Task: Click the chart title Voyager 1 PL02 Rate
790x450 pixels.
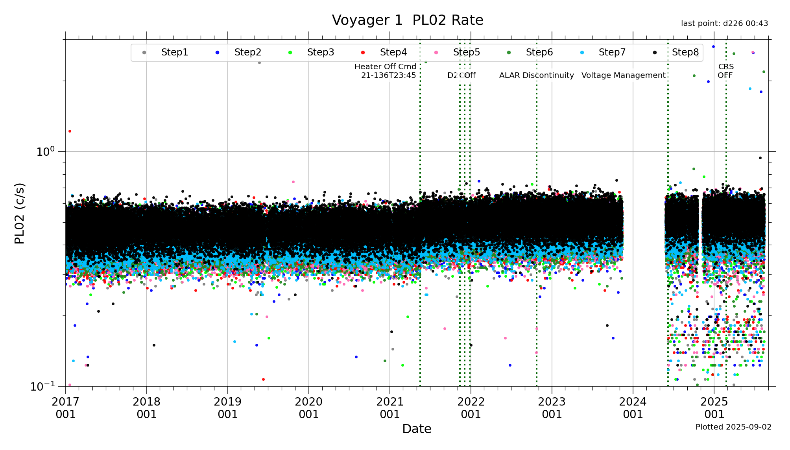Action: click(407, 20)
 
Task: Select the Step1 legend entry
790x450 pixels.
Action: click(174, 52)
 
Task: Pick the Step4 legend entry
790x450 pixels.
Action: click(393, 52)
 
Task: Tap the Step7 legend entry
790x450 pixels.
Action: click(612, 52)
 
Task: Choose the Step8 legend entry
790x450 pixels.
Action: click(685, 52)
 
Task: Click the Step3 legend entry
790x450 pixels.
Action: click(320, 52)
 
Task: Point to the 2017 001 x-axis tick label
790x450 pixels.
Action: click(66, 408)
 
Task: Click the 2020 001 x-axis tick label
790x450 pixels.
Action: click(309, 408)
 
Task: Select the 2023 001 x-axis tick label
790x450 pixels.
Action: click(552, 408)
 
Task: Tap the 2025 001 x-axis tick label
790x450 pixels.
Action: click(714, 408)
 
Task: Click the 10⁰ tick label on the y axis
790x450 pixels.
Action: click(45, 151)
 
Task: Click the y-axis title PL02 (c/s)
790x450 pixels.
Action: click(19, 213)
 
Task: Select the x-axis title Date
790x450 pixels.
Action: click(417, 429)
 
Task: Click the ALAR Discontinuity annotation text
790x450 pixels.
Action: click(536, 76)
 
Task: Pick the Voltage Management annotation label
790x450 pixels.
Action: click(623, 76)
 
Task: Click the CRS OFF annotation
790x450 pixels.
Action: click(725, 71)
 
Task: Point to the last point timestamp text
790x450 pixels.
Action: click(724, 24)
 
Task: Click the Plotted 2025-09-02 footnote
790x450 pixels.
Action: click(733, 427)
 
